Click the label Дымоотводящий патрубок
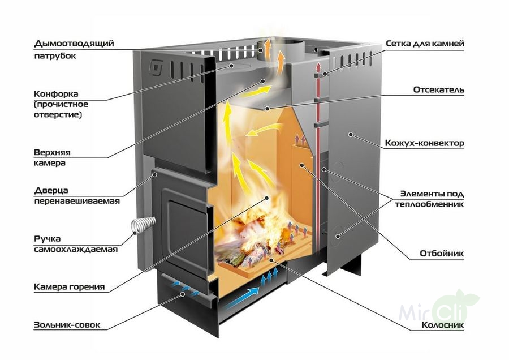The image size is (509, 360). (74, 49)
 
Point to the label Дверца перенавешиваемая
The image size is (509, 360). (76, 195)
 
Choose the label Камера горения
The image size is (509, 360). (69, 286)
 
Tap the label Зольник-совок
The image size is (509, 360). (67, 325)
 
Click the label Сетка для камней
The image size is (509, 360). (425, 43)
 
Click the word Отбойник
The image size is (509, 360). (442, 253)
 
